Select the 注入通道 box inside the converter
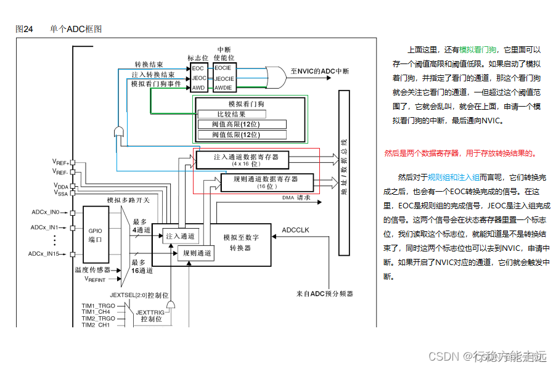[x=180, y=235]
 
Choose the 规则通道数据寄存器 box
[x=267, y=182]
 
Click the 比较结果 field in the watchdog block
[x=231, y=114]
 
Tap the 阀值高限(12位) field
[x=242, y=124]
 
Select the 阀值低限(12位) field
[x=242, y=134]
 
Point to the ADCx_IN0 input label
[x=46, y=212]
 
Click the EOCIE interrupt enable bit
[x=224, y=68]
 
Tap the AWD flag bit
[x=198, y=88]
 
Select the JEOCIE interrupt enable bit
[x=224, y=78]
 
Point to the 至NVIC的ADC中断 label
[x=319, y=71]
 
